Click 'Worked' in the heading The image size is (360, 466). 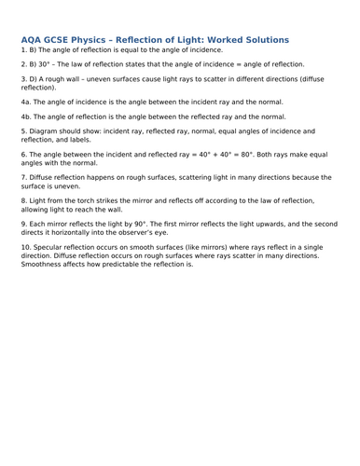(x=232, y=40)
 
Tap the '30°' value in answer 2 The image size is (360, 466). (x=44, y=64)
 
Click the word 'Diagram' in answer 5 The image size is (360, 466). (x=43, y=132)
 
